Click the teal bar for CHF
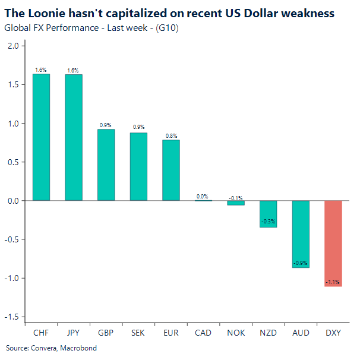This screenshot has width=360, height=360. (x=41, y=137)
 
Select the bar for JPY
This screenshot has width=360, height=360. (x=74, y=137)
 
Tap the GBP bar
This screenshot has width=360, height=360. (x=106, y=165)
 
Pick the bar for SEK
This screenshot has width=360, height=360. (x=138, y=166)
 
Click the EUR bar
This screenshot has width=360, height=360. (x=171, y=170)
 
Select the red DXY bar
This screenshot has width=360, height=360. (x=333, y=244)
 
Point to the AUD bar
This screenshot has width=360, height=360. (x=301, y=234)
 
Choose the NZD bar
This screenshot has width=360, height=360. (x=268, y=214)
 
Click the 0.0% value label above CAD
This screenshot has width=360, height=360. (x=203, y=196)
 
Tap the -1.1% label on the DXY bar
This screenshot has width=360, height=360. (x=333, y=282)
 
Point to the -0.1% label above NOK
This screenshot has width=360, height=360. (x=236, y=197)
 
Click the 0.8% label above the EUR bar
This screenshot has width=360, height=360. (x=171, y=136)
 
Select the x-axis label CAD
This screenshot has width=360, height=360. (x=203, y=333)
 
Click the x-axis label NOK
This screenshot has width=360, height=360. (x=236, y=333)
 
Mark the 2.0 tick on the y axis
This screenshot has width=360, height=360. (x=12, y=46)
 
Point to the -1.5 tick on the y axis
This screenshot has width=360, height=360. (x=11, y=317)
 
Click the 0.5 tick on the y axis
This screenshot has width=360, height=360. (x=12, y=162)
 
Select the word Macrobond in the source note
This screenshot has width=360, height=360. (x=79, y=348)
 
